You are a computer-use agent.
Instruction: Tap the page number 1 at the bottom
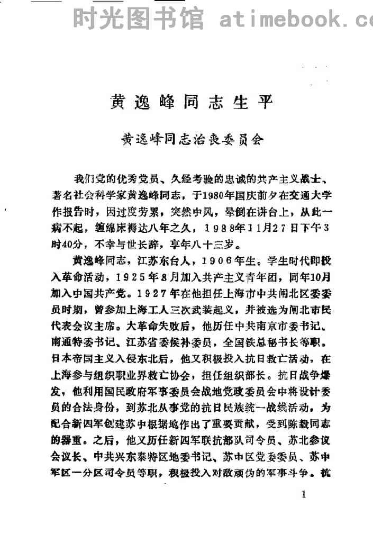pyautogui.click(x=303, y=495)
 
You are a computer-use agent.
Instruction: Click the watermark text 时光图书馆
pyautogui.click(x=138, y=20)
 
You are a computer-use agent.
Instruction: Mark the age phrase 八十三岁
pyautogui.click(x=220, y=245)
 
